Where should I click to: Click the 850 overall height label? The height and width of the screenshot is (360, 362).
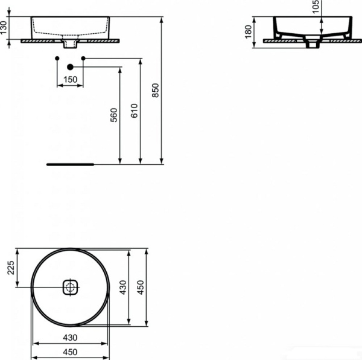point(155,89)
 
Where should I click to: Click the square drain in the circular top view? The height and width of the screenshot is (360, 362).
point(70,287)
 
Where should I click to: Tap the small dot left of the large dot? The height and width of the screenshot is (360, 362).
point(57,58)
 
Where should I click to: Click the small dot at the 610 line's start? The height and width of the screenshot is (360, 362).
point(83,58)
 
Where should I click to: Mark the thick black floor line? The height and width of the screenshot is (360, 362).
point(71,163)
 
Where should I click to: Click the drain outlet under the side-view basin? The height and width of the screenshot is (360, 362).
point(312,44)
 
